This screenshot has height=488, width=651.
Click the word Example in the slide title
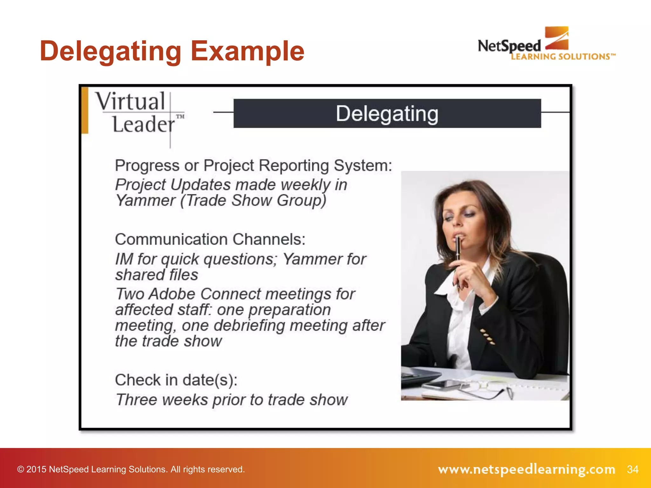pyautogui.click(x=247, y=51)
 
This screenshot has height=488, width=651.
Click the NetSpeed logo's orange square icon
pyautogui.click(x=557, y=38)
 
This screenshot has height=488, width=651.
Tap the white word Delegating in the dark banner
pyautogui.click(x=387, y=114)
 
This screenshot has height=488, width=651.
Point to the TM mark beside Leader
pyautogui.click(x=180, y=116)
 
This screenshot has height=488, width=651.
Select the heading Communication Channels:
pyautogui.click(x=210, y=239)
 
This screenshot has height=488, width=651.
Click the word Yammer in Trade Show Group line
pyautogui.click(x=145, y=200)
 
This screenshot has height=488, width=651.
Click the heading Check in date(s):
pyautogui.click(x=176, y=380)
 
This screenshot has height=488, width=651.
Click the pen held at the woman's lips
pyautogui.click(x=458, y=251)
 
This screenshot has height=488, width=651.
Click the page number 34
pyautogui.click(x=633, y=469)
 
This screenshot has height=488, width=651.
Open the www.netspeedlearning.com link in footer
pyautogui.click(x=526, y=469)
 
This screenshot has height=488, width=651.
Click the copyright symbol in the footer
pyautogui.click(x=20, y=469)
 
